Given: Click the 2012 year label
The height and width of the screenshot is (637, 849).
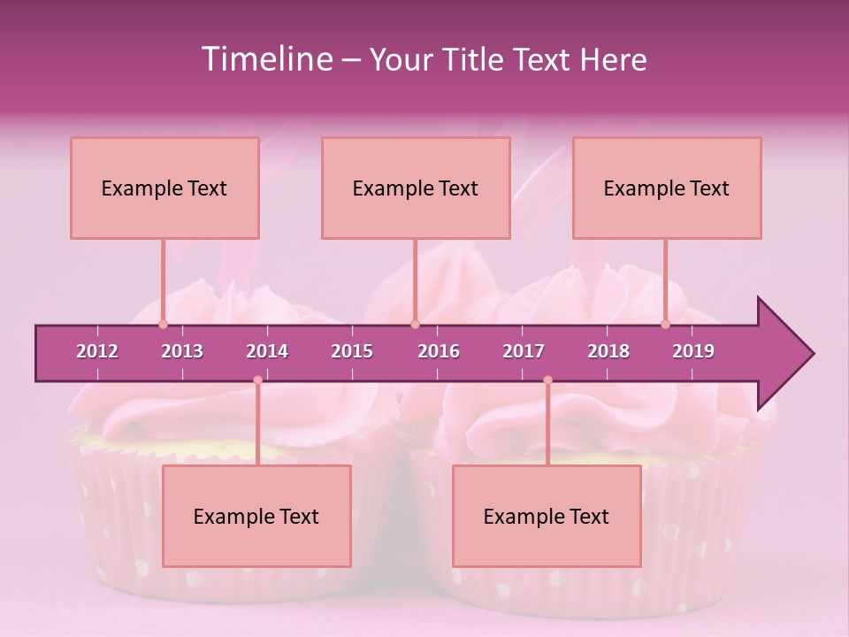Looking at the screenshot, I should [97, 351].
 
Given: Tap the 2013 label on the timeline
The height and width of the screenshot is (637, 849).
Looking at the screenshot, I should [182, 351].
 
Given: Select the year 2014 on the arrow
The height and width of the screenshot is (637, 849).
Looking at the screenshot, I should [267, 351].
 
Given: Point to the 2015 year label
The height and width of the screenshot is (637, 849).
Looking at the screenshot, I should [352, 351].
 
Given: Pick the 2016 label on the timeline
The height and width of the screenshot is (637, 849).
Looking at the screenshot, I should [439, 351].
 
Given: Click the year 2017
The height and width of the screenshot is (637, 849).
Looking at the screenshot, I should [524, 351].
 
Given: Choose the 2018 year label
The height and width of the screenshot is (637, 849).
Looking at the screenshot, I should [608, 351].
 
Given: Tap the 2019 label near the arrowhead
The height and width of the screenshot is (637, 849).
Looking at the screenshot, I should [693, 351].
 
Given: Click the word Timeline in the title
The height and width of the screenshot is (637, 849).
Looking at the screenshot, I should [264, 59].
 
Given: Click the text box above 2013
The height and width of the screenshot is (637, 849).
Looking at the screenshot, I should [164, 188].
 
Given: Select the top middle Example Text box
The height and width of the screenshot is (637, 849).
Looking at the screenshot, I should [416, 188].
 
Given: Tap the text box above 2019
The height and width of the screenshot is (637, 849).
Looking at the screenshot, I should [667, 188].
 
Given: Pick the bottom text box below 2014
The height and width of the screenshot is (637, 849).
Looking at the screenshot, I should [256, 516].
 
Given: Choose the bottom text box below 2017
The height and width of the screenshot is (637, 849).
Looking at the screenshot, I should [547, 516].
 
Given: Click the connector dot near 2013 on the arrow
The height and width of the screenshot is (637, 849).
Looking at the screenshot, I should [163, 324].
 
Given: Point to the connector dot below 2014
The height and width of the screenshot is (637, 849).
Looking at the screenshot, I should [257, 380].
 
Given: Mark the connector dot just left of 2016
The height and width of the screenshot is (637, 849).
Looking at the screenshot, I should [415, 324].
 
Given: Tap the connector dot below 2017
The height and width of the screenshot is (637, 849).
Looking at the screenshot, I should [547, 380].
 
